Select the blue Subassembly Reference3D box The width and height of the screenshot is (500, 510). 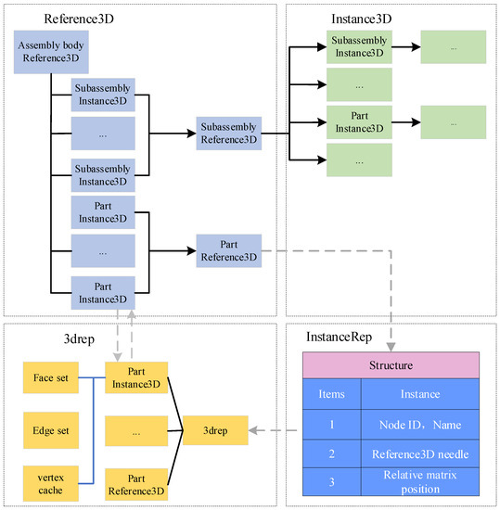pos(228,134)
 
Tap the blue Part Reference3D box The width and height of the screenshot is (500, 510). pos(228,249)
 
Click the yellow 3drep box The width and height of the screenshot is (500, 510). pos(219,430)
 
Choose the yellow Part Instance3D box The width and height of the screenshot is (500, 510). pos(135,377)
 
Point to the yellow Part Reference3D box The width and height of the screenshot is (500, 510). pos(135,482)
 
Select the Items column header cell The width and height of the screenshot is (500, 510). pos(331,394)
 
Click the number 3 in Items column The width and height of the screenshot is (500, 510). pos(331,482)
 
